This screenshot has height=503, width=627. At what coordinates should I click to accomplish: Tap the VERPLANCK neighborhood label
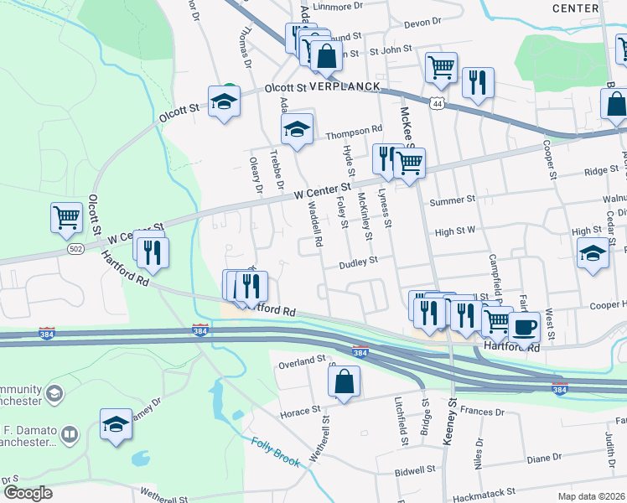click(x=345, y=86)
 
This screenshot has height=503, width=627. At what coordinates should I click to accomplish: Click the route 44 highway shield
click(x=436, y=102)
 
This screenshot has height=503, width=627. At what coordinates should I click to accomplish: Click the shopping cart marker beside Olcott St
click(x=66, y=218)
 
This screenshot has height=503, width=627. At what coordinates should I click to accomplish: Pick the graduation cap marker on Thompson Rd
click(x=297, y=129)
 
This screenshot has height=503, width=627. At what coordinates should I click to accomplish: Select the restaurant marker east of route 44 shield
click(x=477, y=82)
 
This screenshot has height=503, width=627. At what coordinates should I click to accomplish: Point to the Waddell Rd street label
click(x=314, y=225)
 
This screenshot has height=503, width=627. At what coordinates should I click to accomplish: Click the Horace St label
click(x=295, y=413)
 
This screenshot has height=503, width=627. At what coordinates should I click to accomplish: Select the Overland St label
click(x=302, y=360)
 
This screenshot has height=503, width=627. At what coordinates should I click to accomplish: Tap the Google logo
click(x=28, y=492)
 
